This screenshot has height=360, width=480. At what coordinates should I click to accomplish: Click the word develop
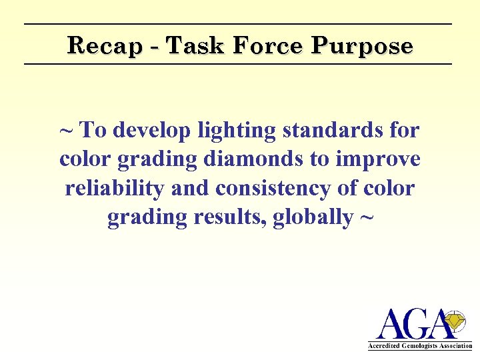152,131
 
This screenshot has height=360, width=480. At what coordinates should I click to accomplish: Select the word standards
333,130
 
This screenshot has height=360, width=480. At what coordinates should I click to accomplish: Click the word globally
311,217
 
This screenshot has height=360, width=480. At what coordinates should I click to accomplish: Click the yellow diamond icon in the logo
455,321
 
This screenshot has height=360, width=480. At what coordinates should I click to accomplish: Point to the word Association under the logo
456,346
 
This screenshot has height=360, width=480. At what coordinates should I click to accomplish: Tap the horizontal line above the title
238,25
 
